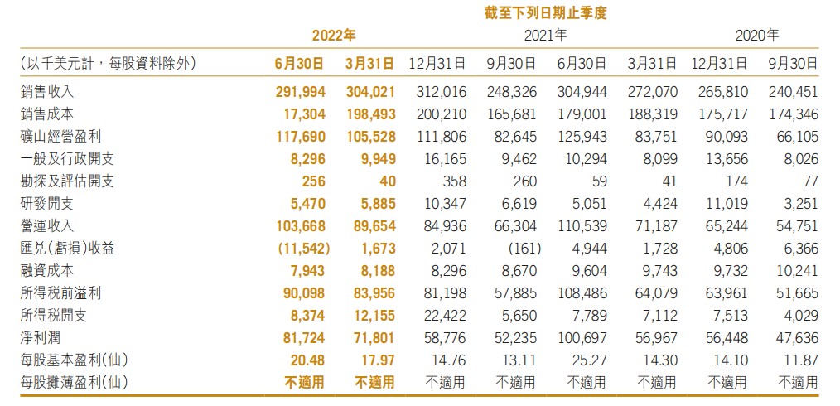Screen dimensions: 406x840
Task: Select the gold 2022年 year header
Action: pos(335,36)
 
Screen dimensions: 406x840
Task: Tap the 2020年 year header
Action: pos(756,36)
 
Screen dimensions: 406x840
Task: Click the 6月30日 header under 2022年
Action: pos(299,62)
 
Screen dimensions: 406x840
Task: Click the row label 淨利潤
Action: pos(39,337)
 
